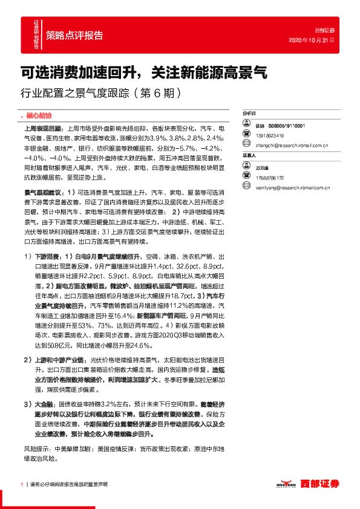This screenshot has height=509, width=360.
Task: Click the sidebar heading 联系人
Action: [250, 155]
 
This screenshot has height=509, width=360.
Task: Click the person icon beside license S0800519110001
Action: [246, 125]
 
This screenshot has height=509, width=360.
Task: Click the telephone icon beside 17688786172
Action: [246, 177]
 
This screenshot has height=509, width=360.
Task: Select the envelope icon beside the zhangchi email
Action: [246, 145]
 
